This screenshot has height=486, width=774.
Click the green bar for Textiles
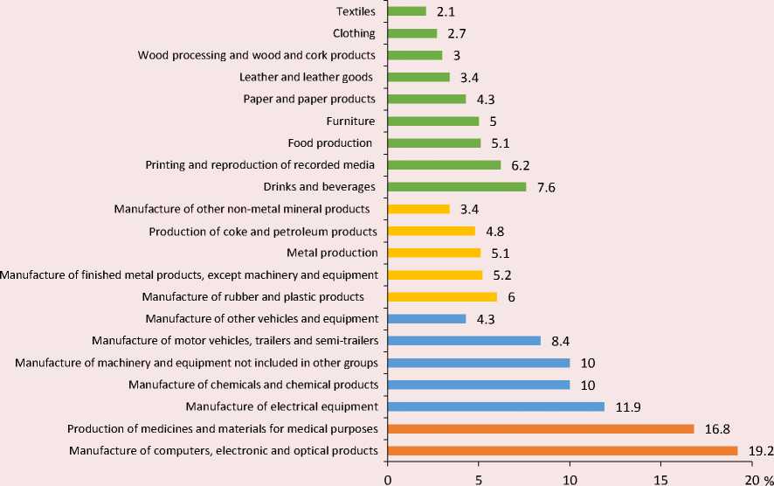coord(406,11)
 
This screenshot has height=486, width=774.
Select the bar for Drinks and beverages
coord(456,187)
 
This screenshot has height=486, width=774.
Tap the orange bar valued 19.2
coord(562,451)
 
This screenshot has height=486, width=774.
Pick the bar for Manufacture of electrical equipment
coord(495,406)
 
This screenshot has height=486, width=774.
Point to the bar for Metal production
coord(433,253)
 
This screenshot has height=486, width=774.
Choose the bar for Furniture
coord(432,121)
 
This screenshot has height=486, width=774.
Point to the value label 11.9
coord(627,406)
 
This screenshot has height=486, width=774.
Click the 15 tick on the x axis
coord(660,477)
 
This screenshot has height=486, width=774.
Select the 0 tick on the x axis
coord(387,477)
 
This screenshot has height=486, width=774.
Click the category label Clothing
coord(354,34)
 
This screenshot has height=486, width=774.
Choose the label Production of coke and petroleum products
coord(263,232)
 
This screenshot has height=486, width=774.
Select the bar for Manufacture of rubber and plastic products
coord(442,297)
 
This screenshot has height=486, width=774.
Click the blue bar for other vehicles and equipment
coord(426,319)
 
